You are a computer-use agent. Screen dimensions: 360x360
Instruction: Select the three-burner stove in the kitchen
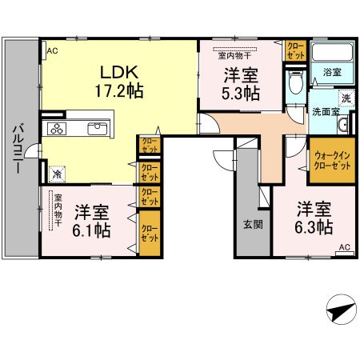pyautogui.click(x=61, y=127)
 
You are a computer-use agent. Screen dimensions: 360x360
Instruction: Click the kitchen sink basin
pyautogui.click(x=97, y=128)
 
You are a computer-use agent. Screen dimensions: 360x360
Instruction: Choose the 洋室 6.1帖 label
pyautogui.click(x=92, y=221)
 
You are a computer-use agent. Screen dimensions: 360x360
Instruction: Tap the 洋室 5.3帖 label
pyautogui.click(x=240, y=84)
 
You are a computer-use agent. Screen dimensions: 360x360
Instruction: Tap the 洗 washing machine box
pyautogui.click(x=346, y=98)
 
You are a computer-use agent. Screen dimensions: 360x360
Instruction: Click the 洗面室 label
pyautogui.click(x=326, y=110)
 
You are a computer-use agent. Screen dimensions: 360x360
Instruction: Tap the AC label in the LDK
pyautogui.click(x=52, y=50)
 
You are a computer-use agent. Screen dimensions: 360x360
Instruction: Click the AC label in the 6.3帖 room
pyautogui.click(x=343, y=247)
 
